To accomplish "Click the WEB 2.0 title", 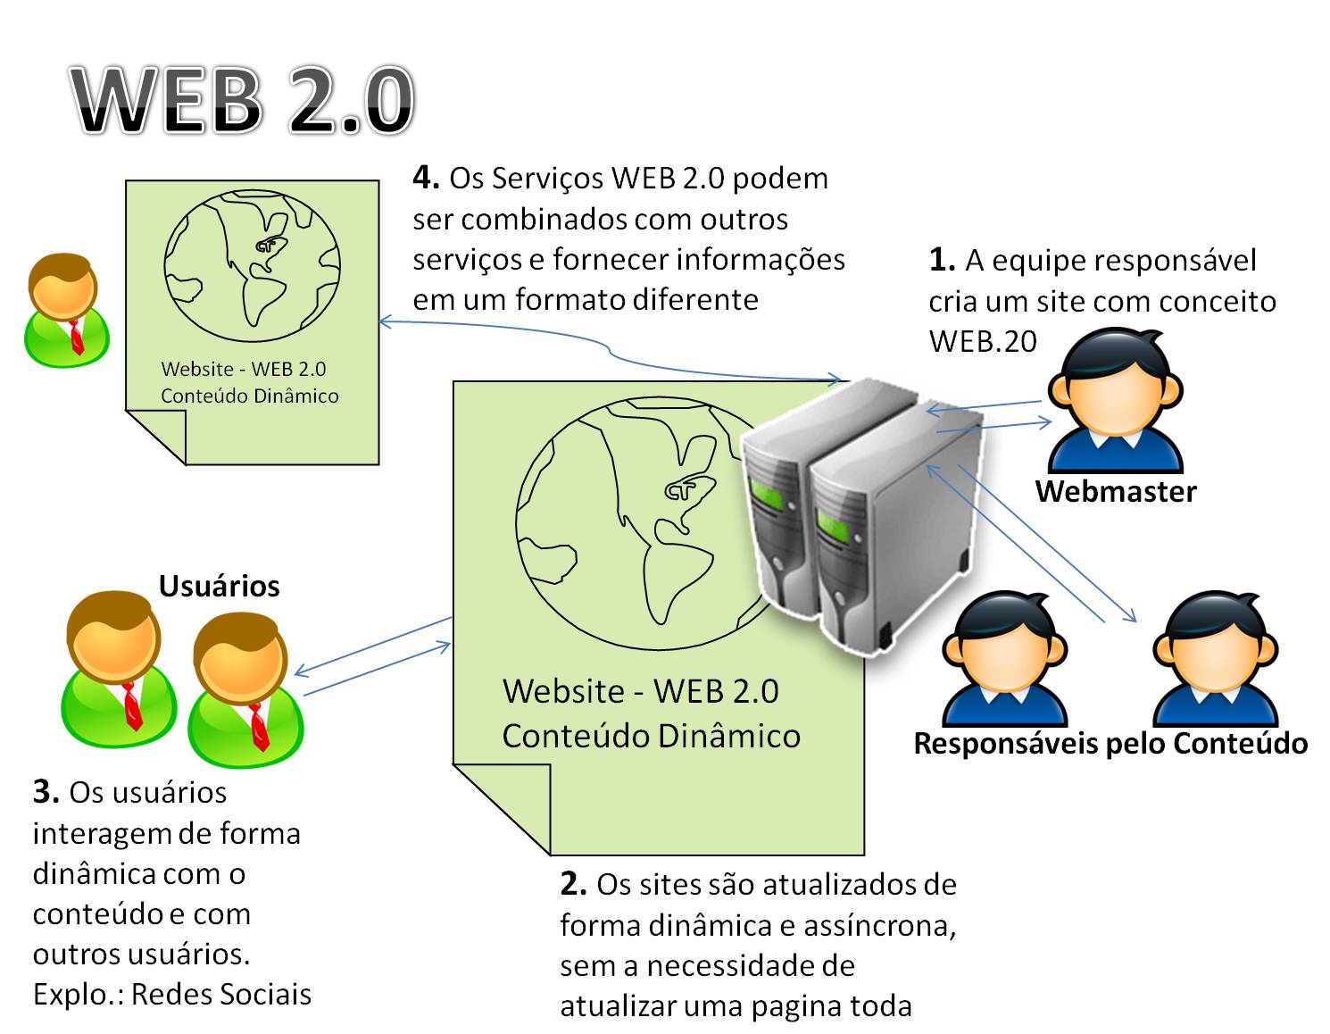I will click(x=243, y=100).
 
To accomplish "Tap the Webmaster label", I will click(x=1115, y=491).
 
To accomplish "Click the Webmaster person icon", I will click(x=1115, y=402).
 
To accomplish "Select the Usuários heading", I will click(x=219, y=586).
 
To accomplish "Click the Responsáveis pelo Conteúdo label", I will click(x=1110, y=743).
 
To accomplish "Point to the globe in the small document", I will click(x=252, y=264).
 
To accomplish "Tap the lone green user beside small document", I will click(x=66, y=310).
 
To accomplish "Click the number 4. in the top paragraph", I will click(x=426, y=179).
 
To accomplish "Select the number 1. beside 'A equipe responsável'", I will click(x=942, y=260).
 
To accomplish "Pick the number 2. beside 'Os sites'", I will click(x=573, y=884).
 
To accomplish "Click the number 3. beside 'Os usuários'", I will click(x=46, y=792).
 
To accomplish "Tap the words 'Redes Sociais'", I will click(x=221, y=994).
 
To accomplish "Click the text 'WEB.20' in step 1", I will click(x=983, y=341).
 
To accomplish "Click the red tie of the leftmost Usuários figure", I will click(x=132, y=705).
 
